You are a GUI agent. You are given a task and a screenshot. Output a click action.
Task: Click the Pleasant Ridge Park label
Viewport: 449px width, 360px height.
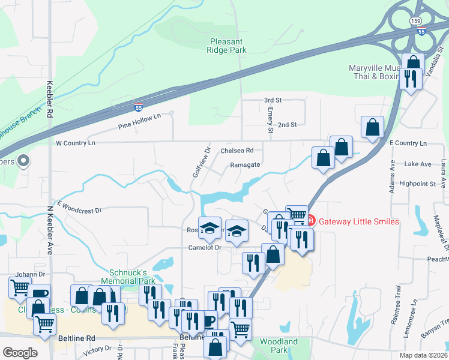point(228,46)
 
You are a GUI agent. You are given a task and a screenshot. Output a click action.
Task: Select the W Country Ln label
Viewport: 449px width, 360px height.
point(75,143)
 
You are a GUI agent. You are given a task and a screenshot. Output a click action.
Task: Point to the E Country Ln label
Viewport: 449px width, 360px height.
point(408,143)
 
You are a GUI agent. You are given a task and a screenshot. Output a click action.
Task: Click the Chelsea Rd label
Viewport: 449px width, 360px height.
point(237,151)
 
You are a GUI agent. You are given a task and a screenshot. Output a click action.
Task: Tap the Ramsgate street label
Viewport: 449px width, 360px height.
point(245,164)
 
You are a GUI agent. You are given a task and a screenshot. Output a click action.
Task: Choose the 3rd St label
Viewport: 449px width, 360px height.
point(273,100)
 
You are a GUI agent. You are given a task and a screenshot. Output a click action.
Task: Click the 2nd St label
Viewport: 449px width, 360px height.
point(289,125)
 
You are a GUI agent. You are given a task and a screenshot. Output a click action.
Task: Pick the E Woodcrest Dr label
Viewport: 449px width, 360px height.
point(79,206)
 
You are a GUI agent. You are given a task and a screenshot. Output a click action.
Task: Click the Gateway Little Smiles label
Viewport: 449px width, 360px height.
point(358,221)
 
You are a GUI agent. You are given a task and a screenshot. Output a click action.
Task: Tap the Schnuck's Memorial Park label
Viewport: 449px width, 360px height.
point(132,276)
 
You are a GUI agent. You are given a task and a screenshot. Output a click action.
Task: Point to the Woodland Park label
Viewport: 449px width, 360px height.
point(278,346)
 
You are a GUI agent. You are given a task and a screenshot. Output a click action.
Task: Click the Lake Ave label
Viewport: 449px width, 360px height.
point(418,164)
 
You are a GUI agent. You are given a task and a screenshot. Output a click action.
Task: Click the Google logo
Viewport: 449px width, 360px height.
point(20,353)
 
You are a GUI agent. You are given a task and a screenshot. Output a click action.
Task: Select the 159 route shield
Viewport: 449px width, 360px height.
point(416,20)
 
